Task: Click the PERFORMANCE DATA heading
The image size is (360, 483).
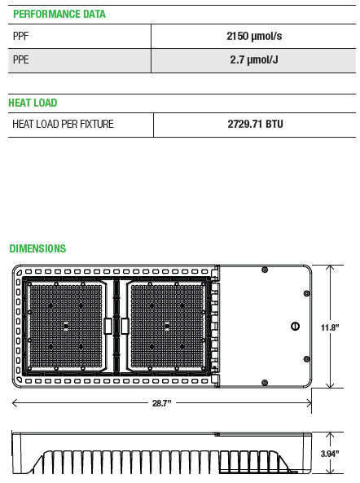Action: [59, 15]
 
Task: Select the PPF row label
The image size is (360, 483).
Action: [20, 36]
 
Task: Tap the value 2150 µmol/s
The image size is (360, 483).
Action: [254, 36]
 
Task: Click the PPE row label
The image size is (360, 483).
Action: [20, 60]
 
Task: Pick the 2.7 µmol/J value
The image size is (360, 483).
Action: [254, 60]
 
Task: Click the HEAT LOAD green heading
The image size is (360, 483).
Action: [33, 103]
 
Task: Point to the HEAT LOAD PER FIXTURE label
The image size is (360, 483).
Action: [63, 125]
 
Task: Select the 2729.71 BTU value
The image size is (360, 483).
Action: [255, 125]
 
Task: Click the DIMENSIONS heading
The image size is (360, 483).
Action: [37, 248]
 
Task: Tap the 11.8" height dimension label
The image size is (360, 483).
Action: [329, 327]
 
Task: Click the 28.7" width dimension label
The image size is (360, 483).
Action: [160, 403]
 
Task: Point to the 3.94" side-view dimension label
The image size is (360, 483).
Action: [330, 453]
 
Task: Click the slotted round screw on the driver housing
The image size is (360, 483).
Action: [295, 325]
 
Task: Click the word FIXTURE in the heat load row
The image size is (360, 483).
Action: [94, 125]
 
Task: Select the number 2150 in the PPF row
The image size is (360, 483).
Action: [237, 36]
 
